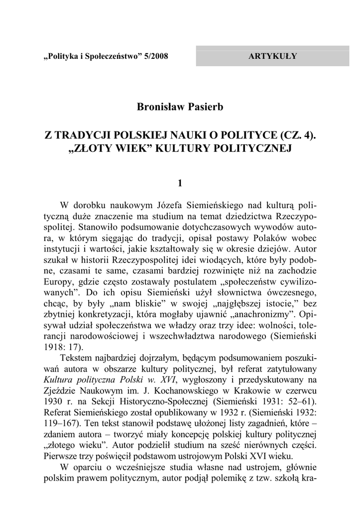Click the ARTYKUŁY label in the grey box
pos(272,56)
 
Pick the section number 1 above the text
pos(180,183)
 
